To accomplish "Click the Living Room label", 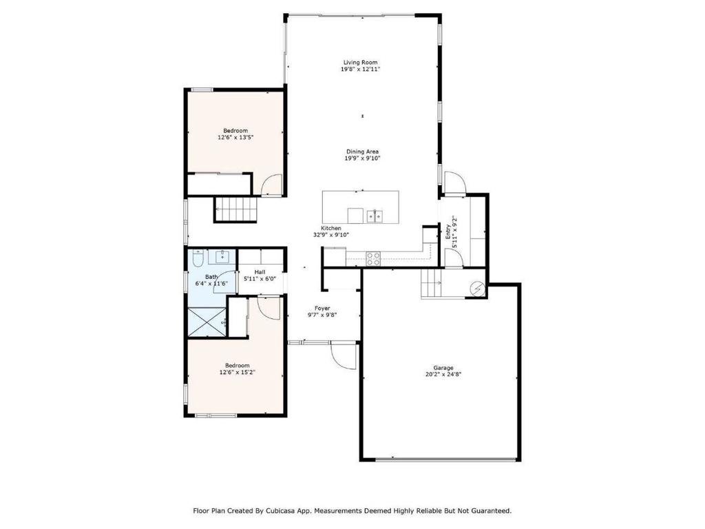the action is (x=361, y=63).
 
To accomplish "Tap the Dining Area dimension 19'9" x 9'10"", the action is (x=362, y=158).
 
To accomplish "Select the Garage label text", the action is (x=443, y=368).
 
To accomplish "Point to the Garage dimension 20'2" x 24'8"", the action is (x=443, y=374).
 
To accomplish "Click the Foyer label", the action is (x=322, y=309).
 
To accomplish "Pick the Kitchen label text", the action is (x=331, y=229).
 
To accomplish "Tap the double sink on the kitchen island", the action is (x=375, y=216).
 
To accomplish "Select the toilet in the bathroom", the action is (x=198, y=258).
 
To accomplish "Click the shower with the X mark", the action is (x=207, y=322).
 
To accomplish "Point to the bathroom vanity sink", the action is (x=223, y=256).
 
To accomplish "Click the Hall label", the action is (x=260, y=272).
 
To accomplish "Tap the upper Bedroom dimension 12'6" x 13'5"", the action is (x=235, y=137).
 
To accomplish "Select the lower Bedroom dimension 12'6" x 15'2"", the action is (x=238, y=373).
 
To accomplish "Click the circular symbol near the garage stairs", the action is (x=477, y=289).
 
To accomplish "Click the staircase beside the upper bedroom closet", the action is (x=235, y=209).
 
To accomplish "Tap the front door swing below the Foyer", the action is (x=343, y=355).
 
